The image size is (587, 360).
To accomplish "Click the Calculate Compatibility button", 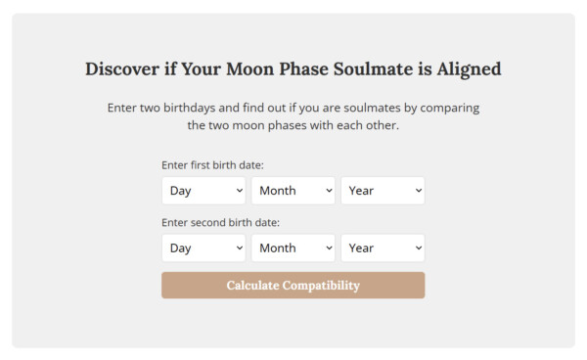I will coord(293,286).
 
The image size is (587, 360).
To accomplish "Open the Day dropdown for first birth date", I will coord(203,191).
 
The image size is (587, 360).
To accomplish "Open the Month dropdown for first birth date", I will coord(293,191).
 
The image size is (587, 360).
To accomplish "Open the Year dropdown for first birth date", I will coord(383,191).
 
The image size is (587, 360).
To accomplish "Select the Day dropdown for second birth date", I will coord(203,247).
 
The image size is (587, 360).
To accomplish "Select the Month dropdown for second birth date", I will coord(293,247).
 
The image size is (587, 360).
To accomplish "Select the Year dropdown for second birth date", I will coord(383,247).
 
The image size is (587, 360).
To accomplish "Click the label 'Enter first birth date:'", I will coord(212,165).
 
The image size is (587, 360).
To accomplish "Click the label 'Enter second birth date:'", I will coord(220,222).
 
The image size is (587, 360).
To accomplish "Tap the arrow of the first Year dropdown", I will coord(419,192).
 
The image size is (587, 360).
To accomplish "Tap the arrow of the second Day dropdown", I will coord(239,248).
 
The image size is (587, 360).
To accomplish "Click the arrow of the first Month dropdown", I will coord(329,192).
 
